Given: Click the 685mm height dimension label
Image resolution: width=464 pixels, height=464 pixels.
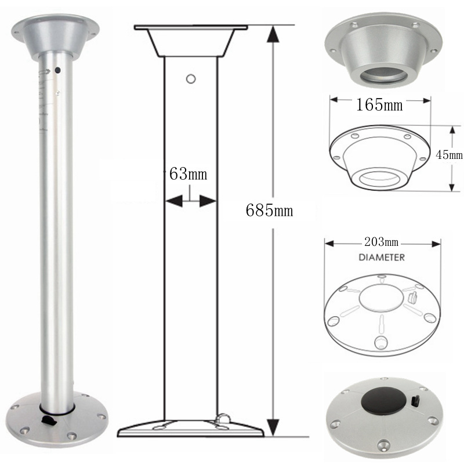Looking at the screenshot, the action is pyautogui.click(x=269, y=211).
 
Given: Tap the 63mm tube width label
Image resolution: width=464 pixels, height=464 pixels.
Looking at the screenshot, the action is pyautogui.click(x=188, y=174).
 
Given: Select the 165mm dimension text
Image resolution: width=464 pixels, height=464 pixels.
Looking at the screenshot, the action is pyautogui.click(x=379, y=104).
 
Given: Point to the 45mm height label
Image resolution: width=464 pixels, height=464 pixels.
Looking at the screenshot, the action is pyautogui.click(x=449, y=154).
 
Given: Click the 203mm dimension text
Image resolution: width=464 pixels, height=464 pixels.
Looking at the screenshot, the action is pyautogui.click(x=381, y=242).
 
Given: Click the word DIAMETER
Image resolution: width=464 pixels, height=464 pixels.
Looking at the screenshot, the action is pyautogui.click(x=382, y=258).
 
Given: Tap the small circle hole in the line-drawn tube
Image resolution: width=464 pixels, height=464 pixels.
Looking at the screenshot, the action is pyautogui.click(x=191, y=79).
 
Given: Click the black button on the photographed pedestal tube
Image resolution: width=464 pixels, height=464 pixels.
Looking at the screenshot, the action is pyautogui.click(x=57, y=70).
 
